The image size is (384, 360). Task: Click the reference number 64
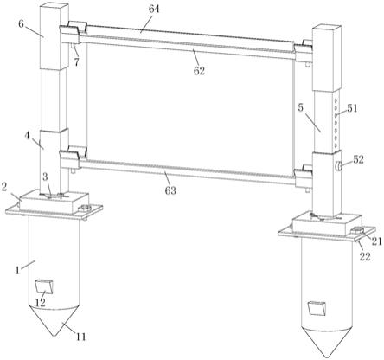154,10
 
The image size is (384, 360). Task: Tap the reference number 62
199,70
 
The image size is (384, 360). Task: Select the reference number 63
170,190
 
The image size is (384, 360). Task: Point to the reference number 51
352,108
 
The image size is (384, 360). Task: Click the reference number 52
358,159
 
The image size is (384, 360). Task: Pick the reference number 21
376,241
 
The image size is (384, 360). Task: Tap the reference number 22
365,256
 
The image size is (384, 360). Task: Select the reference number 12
41,303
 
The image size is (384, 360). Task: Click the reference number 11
80,337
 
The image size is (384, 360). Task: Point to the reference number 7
76,62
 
